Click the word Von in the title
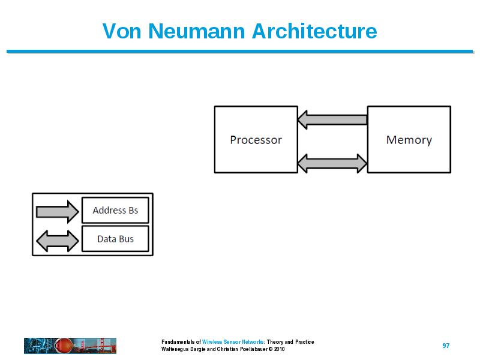click(122, 31)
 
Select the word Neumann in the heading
click(197, 31)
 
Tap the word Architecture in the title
click(314, 31)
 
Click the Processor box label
click(256, 140)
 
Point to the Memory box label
click(409, 140)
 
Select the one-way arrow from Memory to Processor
click(332, 119)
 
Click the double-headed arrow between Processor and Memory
click(332, 163)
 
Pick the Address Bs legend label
click(115, 211)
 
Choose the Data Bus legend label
click(115, 239)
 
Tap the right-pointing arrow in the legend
click(58, 212)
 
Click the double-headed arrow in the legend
click(58, 241)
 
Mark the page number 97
click(446, 346)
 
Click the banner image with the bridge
click(70, 346)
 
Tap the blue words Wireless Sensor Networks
click(233, 341)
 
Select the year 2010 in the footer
click(279, 349)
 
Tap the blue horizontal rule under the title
click(240, 52)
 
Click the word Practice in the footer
click(305, 341)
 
